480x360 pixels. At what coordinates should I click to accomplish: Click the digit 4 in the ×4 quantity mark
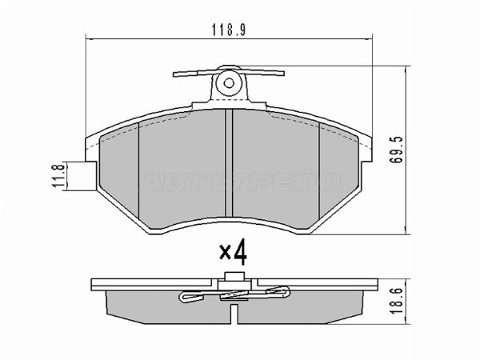click(x=240, y=254)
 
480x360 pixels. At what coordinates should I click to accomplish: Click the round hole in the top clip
click(x=229, y=81)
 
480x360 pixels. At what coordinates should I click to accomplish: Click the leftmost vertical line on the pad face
click(x=140, y=176)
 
